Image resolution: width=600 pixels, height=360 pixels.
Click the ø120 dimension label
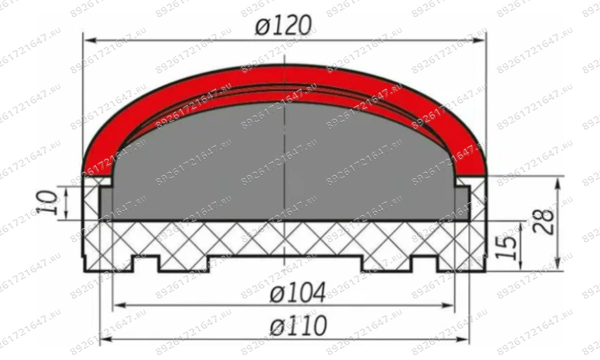(x=283, y=24)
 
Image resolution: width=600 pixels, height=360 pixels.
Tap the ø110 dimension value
(x=298, y=326)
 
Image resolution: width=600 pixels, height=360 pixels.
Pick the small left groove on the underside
(x=145, y=264)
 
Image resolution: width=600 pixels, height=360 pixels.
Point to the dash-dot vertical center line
(x=284, y=150)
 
